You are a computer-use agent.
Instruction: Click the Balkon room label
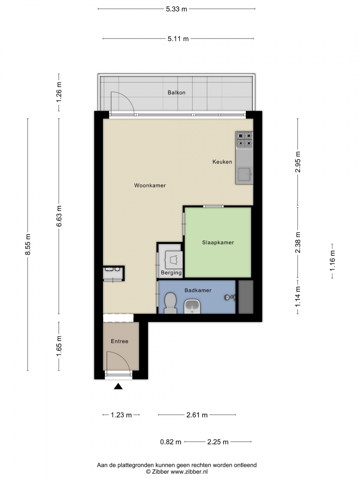coord(176,93)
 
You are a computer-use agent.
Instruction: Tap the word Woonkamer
coord(150,185)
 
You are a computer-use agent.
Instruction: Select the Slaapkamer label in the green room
coord(218,243)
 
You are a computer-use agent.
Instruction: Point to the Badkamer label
coord(198,290)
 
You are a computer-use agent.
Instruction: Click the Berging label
coord(171,273)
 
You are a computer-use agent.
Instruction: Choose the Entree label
coord(120,341)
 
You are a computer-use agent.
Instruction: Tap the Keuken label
coord(222,162)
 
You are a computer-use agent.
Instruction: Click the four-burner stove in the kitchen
coord(244,139)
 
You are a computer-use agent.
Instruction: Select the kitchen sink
coord(244,174)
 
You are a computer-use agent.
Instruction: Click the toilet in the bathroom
coord(170,303)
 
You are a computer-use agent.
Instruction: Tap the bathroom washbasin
coord(192,306)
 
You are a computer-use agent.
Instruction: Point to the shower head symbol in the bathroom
coord(230,297)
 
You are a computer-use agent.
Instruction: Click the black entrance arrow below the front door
coord(118,386)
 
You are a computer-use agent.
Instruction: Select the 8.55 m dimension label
coord(28,244)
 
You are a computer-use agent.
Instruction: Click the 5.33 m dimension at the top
coord(176,9)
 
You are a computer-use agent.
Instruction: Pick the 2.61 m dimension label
coord(197,415)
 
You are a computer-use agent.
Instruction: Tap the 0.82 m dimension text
coord(171,442)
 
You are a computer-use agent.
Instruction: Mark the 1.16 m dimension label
coord(332,261)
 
